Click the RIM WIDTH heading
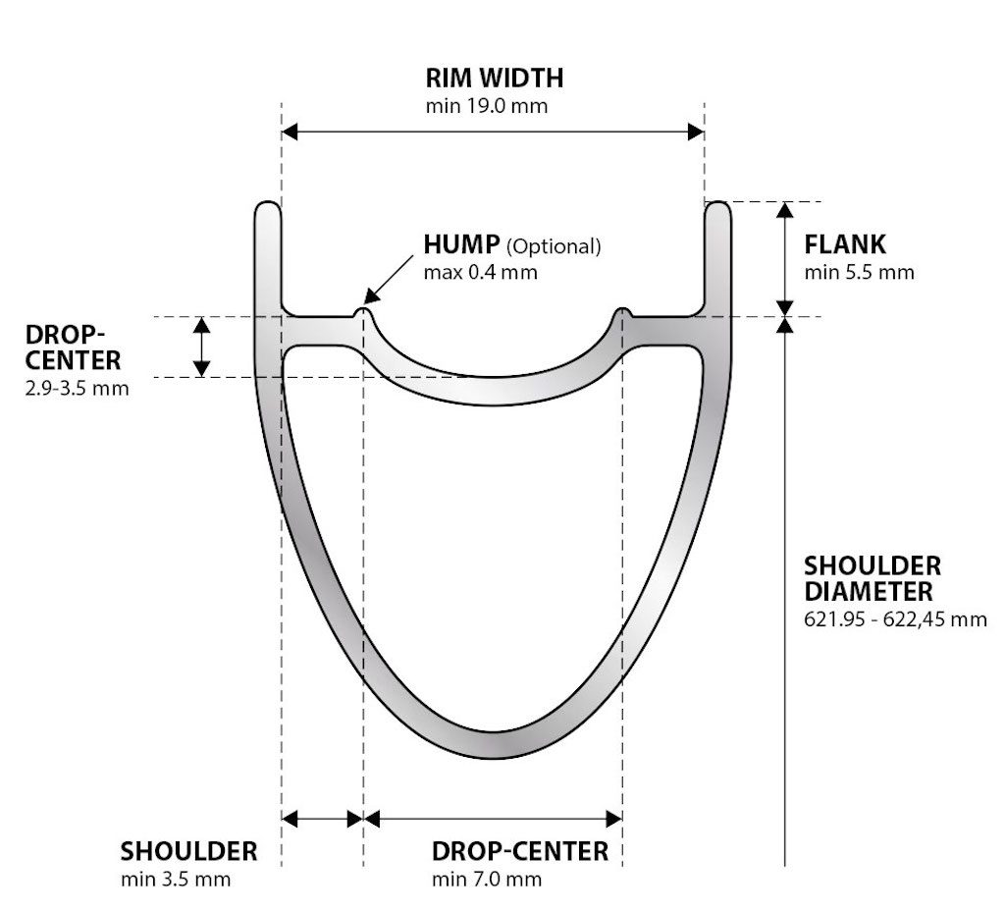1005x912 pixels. [494, 78]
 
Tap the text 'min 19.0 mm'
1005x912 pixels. [486, 106]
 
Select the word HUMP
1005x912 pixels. [461, 244]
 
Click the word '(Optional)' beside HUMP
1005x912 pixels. [554, 246]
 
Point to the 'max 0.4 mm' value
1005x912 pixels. [480, 272]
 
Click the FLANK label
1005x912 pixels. [844, 244]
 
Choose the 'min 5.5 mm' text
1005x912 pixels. [859, 272]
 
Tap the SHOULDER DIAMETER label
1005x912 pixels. [872, 579]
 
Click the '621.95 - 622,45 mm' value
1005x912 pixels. [895, 619]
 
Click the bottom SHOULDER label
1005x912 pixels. [188, 850]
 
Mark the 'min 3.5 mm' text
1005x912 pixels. [176, 879]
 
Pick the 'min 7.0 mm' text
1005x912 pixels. [486, 879]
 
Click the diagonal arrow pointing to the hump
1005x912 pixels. [391, 277]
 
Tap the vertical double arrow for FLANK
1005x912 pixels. [785, 258]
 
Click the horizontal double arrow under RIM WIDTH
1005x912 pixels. [493, 132]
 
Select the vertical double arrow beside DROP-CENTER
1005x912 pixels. [201, 347]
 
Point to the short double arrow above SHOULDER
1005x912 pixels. [322, 818]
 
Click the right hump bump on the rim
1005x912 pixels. [621, 314]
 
